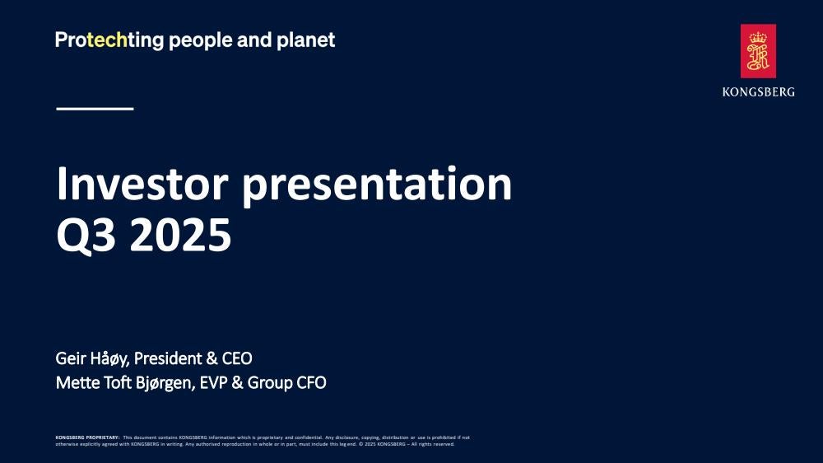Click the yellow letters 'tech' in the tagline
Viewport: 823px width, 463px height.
(107, 40)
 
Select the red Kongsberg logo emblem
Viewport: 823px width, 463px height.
(758, 51)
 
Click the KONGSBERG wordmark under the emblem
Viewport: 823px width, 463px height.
(758, 92)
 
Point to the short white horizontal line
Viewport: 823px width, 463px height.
(95, 109)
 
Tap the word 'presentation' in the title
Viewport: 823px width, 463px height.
(376, 186)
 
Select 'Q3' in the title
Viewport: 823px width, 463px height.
(86, 235)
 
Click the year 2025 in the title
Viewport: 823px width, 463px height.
(180, 235)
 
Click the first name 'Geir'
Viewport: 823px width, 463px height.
(71, 358)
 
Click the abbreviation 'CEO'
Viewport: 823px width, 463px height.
(237, 358)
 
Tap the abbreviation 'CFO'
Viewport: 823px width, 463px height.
(311, 382)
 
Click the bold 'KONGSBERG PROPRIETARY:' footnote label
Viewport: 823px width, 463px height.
(88, 437)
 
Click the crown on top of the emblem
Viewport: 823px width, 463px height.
(758, 38)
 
